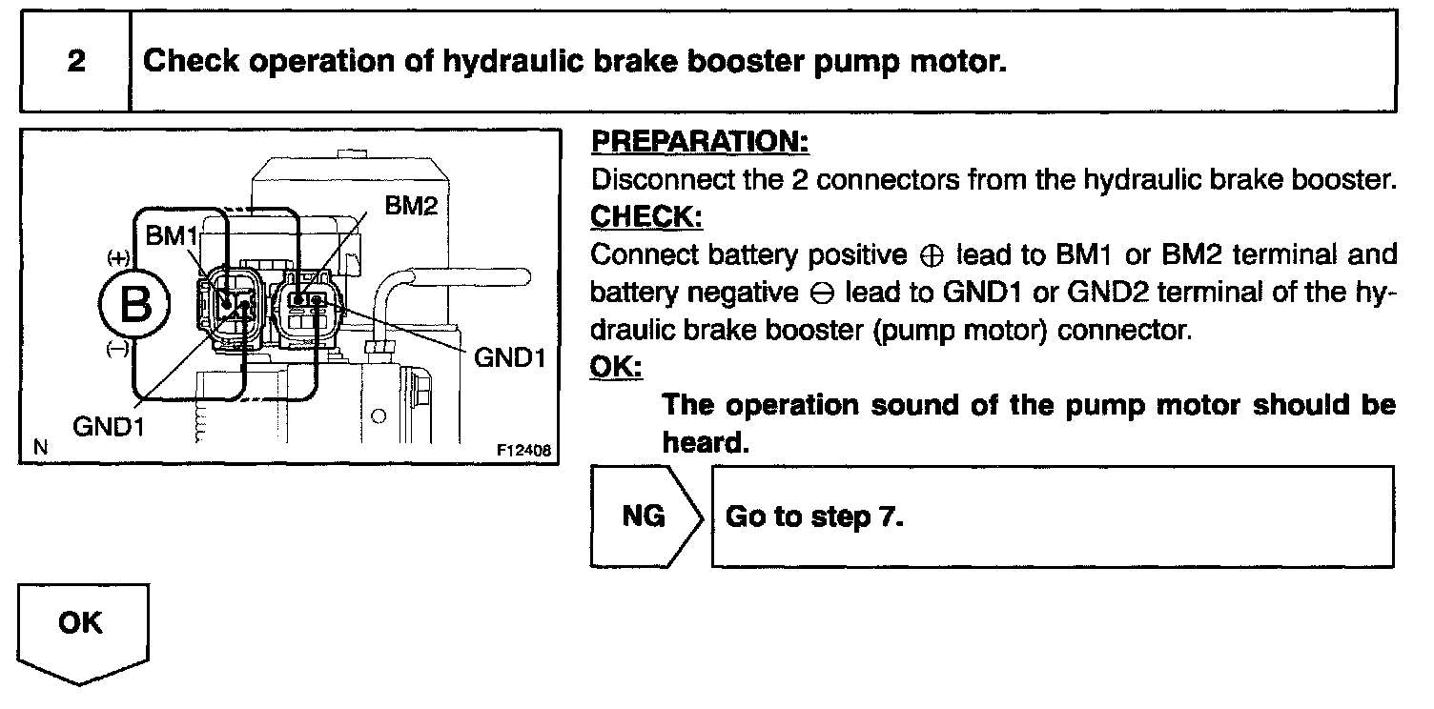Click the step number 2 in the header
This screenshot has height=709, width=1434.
point(75,62)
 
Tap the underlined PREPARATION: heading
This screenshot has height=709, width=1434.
point(700,143)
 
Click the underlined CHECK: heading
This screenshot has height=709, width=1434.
point(646,217)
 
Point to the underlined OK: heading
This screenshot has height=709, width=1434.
point(616,367)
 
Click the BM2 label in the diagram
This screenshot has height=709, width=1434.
point(411,205)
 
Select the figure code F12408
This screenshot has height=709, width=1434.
point(524,450)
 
